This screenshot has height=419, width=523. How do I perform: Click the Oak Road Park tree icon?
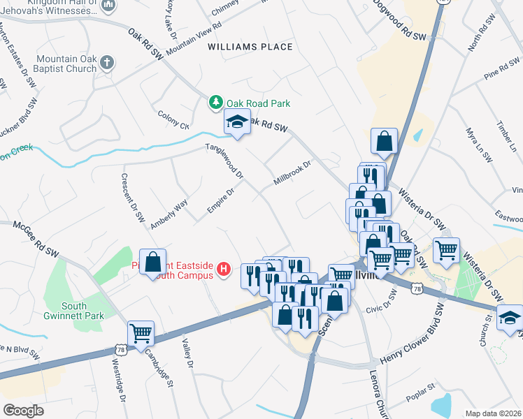(x=217, y=103)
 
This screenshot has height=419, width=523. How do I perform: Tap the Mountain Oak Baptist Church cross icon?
(x=107, y=64)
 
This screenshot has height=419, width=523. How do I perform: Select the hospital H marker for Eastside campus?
(x=224, y=269)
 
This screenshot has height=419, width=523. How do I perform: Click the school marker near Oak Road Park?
(x=237, y=123)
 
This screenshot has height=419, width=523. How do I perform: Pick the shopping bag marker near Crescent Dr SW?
(x=152, y=263)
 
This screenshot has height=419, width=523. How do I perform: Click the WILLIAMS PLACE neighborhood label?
(x=250, y=47)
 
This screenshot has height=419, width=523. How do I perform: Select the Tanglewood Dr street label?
(x=223, y=160)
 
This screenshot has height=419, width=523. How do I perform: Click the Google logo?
(x=23, y=410)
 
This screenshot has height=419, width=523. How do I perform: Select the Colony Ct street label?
(x=174, y=120)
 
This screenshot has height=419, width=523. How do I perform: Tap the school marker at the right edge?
(x=510, y=317)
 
